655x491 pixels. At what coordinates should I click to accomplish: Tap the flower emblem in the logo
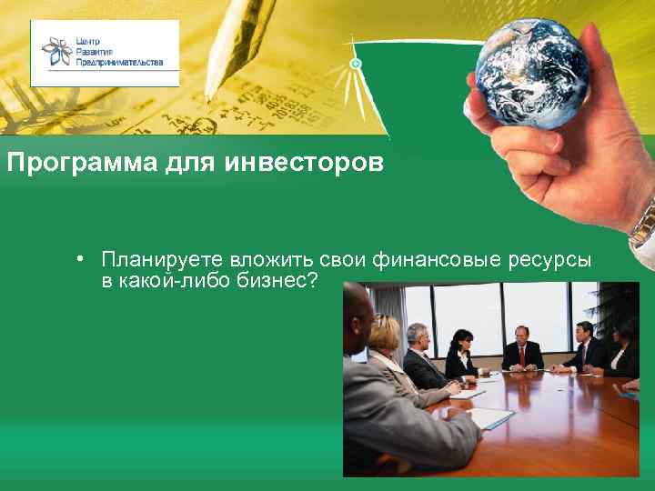(57, 54)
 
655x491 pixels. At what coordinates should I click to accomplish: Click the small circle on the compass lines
(356, 64)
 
